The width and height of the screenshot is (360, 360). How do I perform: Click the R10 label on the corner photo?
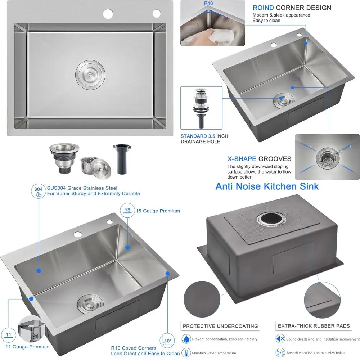coord(208,4)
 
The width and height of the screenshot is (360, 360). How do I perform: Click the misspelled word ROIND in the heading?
coord(263,8)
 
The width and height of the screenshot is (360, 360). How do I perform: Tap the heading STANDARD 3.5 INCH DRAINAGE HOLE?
coord(204,139)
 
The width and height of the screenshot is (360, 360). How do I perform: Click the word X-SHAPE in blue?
coord(242,159)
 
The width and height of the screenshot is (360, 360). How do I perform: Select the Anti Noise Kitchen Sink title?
coord(267,186)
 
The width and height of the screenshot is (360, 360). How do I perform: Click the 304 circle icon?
coord(38,191)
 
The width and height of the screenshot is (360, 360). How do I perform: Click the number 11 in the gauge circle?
coord(9,334)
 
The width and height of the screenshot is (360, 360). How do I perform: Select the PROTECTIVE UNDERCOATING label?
coord(220,326)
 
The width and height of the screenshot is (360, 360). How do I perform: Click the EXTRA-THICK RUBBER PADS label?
coord(314,326)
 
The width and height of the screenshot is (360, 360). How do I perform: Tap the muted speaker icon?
coord(280,339)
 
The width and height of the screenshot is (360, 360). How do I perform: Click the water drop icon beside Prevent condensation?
coord(186,339)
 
